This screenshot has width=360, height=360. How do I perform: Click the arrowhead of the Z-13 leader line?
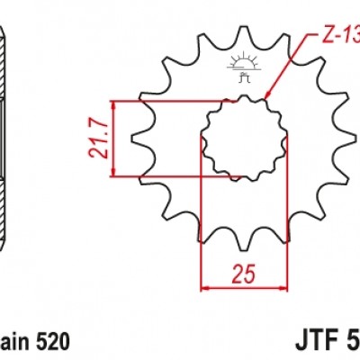(269, 94)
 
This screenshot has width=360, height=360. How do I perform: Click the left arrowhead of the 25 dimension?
(203, 289)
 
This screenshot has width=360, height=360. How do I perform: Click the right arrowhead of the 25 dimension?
(283, 289)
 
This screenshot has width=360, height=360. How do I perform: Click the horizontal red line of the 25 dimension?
(243, 289)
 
